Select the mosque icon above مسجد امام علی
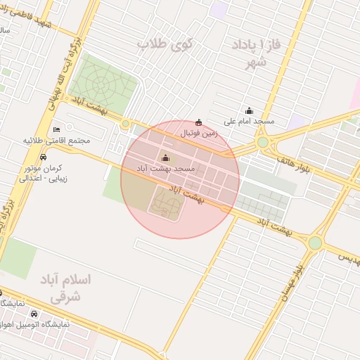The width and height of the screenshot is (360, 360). click(249, 110)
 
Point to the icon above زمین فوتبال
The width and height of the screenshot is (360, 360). click(198, 122)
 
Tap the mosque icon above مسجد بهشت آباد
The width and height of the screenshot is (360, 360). click(166, 157)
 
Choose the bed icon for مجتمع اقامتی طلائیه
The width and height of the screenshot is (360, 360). click(57, 129)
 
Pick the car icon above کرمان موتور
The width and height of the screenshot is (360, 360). click(44, 157)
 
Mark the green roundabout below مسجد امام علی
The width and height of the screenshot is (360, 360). click(263, 142)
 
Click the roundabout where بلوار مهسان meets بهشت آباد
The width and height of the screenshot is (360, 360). click(314, 243)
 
